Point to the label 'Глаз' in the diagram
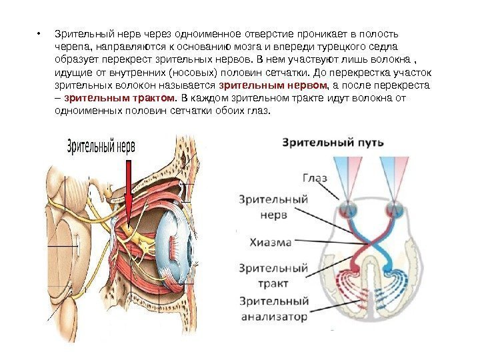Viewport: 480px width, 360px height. (x=315, y=178)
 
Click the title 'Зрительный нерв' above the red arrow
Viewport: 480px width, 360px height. (x=101, y=147)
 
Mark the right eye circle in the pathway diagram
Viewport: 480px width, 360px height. (x=391, y=209)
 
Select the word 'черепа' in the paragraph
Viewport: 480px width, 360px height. (x=68, y=47)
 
